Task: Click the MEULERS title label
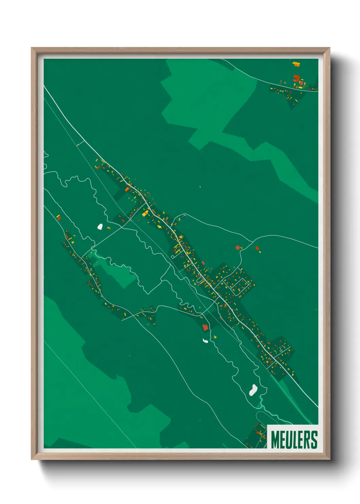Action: pos(294,439)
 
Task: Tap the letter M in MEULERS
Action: pos(275,440)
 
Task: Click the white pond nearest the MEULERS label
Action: pos(253,390)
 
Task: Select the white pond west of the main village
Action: pos(100,226)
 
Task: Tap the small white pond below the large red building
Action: pos(206,341)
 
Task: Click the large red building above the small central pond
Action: pos(205,327)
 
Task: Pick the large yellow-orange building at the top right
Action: pos(296,64)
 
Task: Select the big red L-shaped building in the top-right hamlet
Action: pos(296,78)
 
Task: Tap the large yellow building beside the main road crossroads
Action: pos(145,213)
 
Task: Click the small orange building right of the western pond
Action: pos(109,228)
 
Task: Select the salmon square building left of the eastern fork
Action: pos(238,248)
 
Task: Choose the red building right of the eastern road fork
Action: pos(257,248)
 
